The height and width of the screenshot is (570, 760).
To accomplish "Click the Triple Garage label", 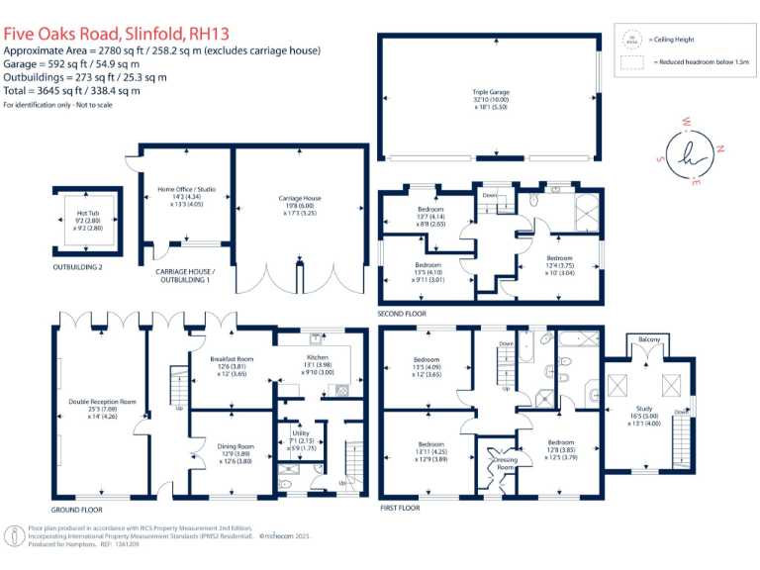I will (x=491, y=92).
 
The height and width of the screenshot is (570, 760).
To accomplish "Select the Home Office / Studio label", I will (x=186, y=189).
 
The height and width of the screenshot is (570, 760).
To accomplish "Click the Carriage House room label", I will (x=298, y=198).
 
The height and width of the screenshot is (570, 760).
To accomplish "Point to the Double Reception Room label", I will (x=103, y=401).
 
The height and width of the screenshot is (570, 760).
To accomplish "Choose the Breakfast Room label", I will (x=233, y=358).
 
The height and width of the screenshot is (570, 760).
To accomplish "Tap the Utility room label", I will (x=299, y=431).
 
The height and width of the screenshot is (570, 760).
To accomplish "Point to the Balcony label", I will (x=649, y=338).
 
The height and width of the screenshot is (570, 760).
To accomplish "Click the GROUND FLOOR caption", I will (x=79, y=509).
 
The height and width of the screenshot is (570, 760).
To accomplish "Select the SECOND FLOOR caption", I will (x=402, y=315).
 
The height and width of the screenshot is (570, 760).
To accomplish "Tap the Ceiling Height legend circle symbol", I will (x=629, y=41).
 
